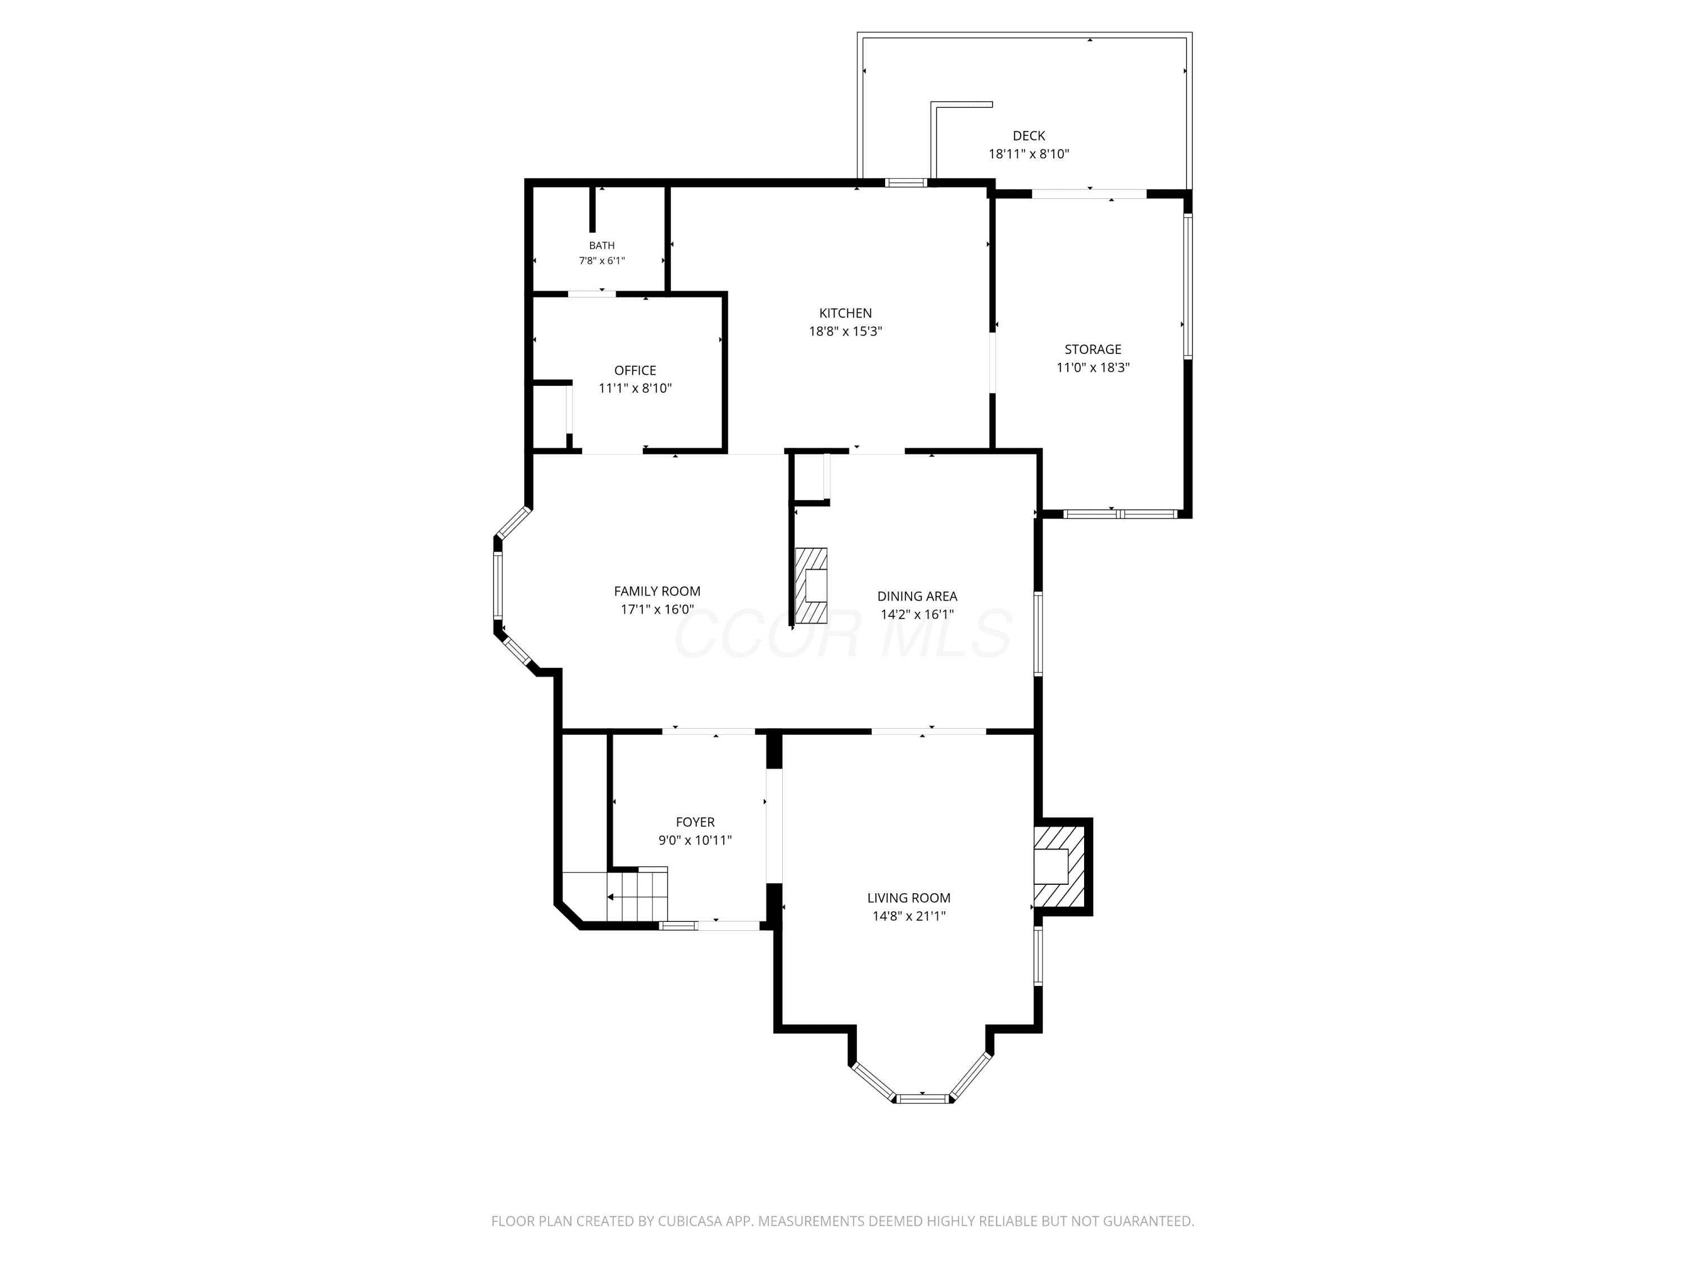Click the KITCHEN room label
(x=845, y=313)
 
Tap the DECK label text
(x=1029, y=135)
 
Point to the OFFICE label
(x=635, y=370)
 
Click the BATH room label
(x=601, y=245)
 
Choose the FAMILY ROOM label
(x=657, y=591)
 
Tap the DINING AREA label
(x=917, y=597)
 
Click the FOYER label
(x=695, y=822)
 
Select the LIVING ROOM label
(x=909, y=898)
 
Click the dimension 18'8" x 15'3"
(x=845, y=331)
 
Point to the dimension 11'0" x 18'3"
(x=1093, y=367)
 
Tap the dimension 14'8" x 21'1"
(x=909, y=916)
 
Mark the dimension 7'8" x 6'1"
(x=601, y=261)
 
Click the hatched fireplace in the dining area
(x=811, y=585)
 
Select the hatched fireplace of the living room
(x=1059, y=866)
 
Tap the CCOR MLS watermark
(x=843, y=634)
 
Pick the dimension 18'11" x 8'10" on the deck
(x=1029, y=154)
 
